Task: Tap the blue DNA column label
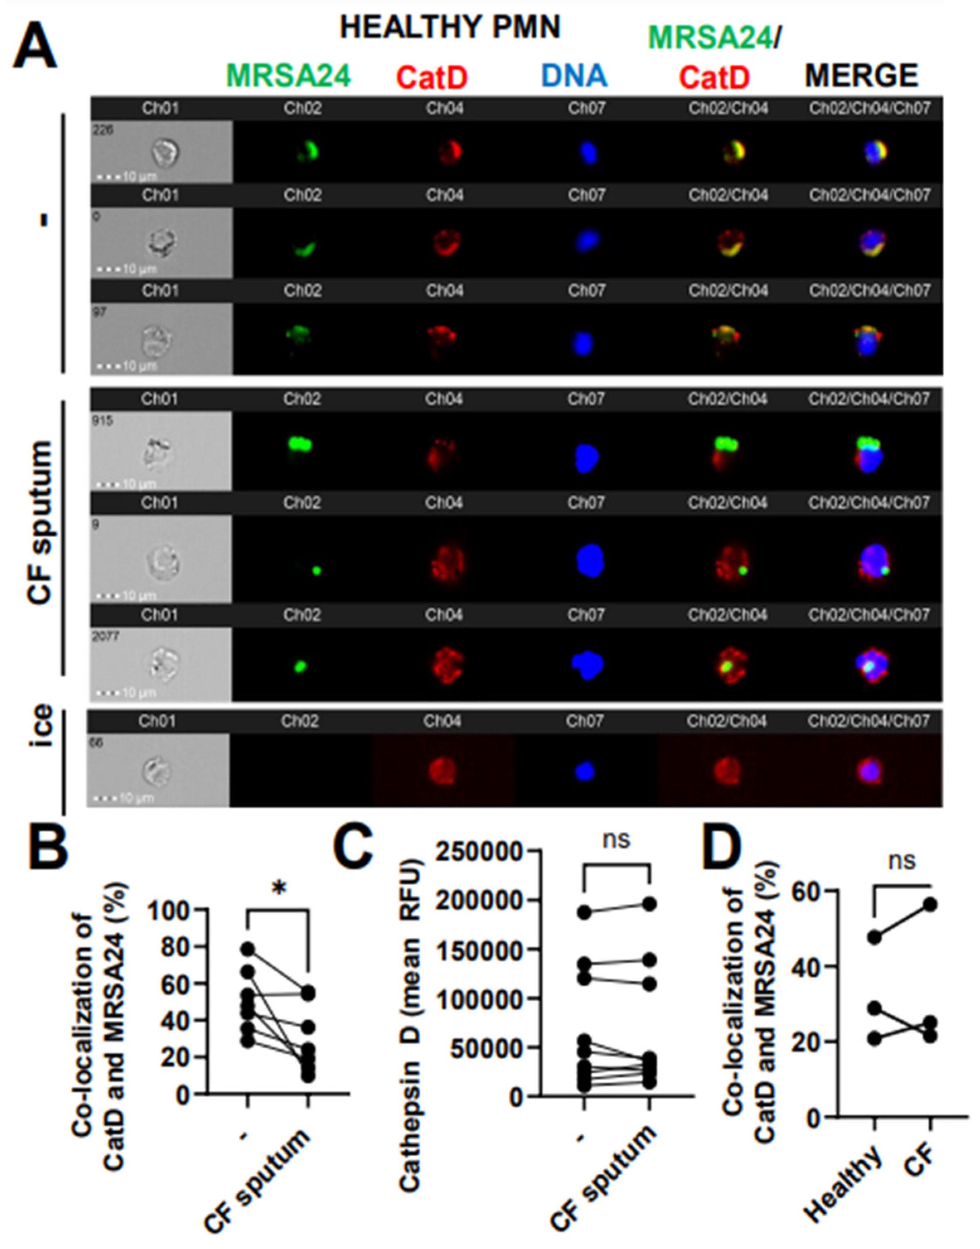pos(574,76)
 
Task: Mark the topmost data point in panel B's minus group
pos(247,949)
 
